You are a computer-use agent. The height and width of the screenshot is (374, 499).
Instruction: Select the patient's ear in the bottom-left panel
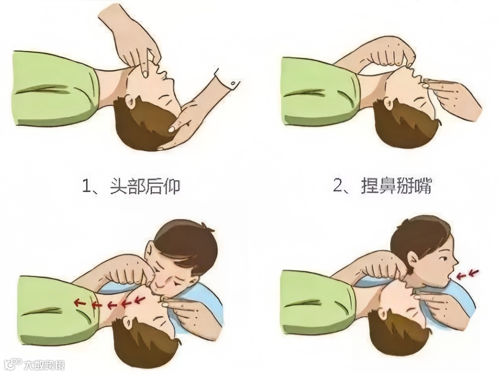[128, 324]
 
